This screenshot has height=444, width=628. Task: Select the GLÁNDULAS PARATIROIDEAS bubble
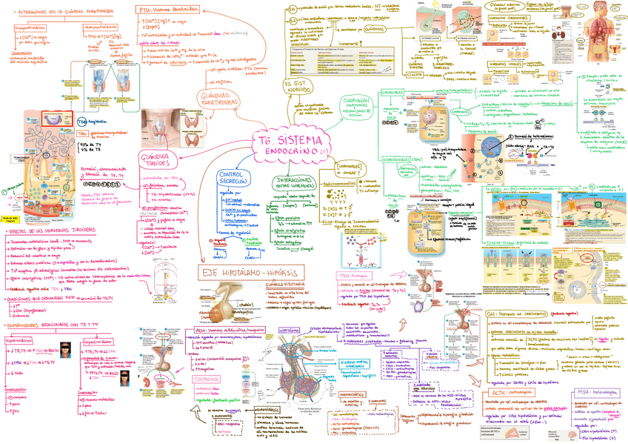(221, 99)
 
